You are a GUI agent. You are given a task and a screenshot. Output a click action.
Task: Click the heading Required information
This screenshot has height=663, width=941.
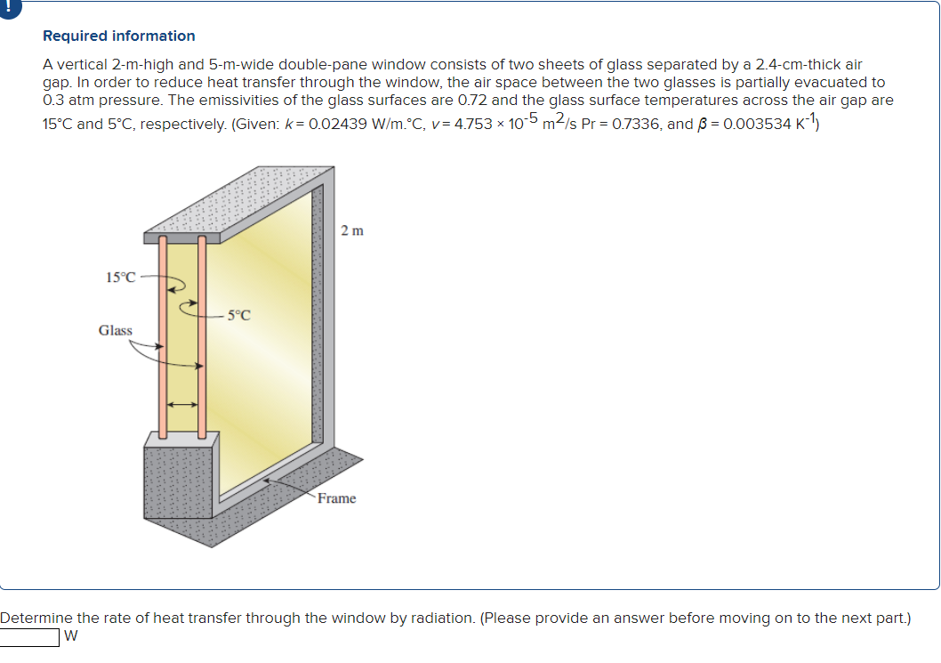pyautogui.click(x=119, y=36)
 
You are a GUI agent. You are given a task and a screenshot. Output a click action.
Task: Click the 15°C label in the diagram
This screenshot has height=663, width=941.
pyautogui.click(x=121, y=277)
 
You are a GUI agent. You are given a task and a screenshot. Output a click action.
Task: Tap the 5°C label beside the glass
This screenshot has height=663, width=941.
pyautogui.click(x=238, y=314)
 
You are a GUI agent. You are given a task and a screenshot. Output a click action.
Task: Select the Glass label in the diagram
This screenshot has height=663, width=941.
pyautogui.click(x=116, y=330)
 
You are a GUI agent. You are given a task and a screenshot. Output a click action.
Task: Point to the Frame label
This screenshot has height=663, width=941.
pyautogui.click(x=337, y=498)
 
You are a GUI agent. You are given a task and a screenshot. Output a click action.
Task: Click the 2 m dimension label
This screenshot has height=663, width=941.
pyautogui.click(x=352, y=231)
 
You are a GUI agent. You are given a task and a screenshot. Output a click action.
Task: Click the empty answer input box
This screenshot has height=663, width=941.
pyautogui.click(x=29, y=637)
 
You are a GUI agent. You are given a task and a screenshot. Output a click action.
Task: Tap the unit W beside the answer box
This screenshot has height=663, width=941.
pyautogui.click(x=72, y=637)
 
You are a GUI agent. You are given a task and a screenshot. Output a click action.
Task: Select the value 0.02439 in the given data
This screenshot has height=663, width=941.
pyautogui.click(x=333, y=125)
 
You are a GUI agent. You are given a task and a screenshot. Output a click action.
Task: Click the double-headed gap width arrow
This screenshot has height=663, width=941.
pyautogui.click(x=182, y=405)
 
